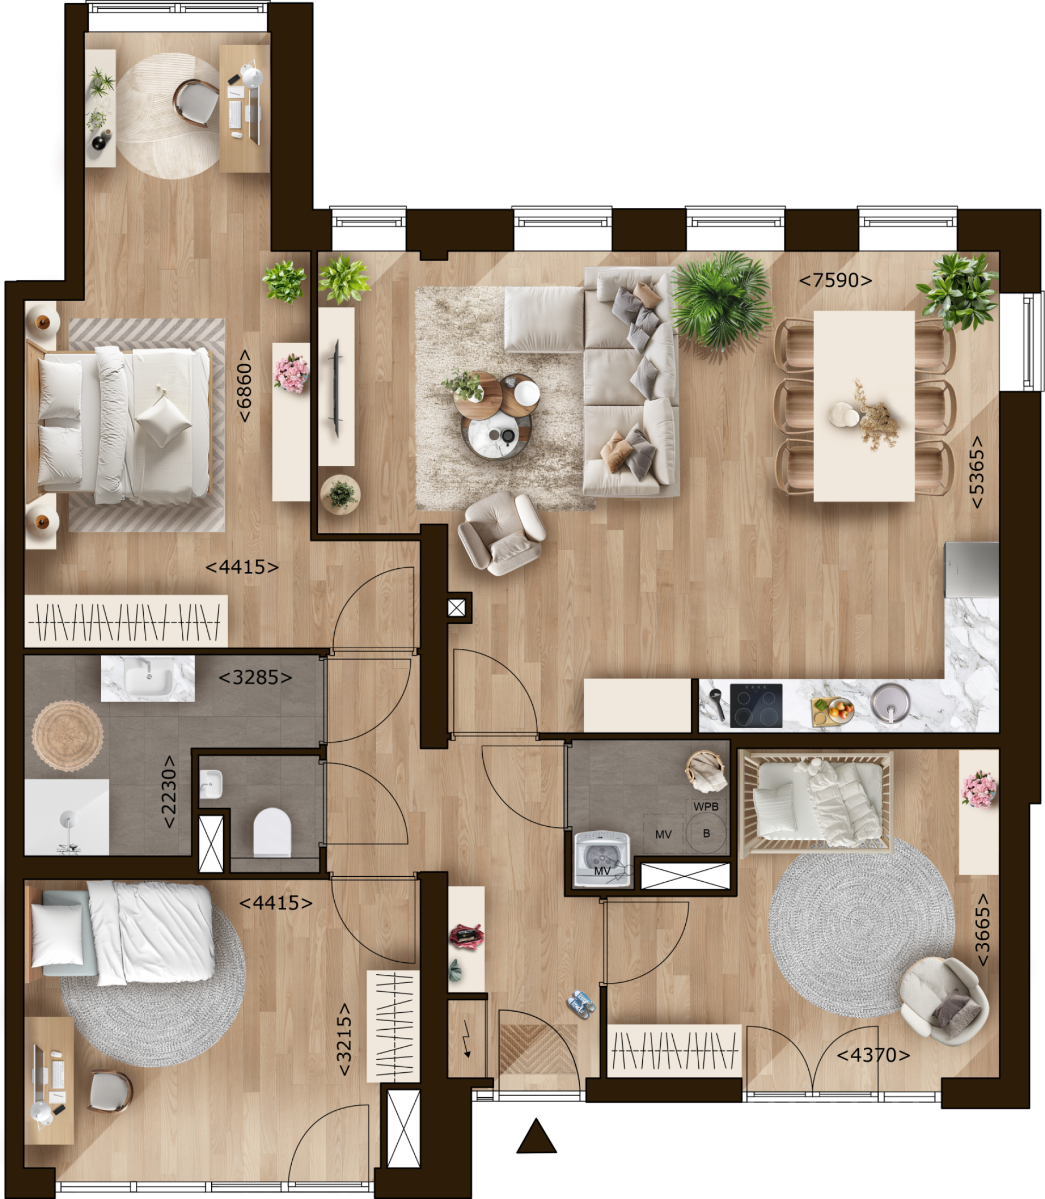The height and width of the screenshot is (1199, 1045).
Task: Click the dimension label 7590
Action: click(x=835, y=280)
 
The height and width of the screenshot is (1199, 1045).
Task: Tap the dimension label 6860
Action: click(x=244, y=385)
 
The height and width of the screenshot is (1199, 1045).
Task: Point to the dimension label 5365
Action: click(x=977, y=472)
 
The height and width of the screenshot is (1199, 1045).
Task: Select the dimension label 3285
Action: click(x=255, y=677)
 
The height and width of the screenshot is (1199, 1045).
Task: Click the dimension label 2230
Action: click(x=169, y=792)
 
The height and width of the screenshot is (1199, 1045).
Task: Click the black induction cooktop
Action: click(x=757, y=706)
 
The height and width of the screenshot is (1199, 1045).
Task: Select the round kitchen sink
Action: click(x=890, y=703)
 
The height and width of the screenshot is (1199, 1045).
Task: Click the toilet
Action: click(x=272, y=832)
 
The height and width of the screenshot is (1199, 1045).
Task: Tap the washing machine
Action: click(x=603, y=858)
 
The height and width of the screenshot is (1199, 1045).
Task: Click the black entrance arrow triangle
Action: click(x=537, y=1136)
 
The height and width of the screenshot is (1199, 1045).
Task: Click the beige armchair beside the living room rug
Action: click(x=501, y=532)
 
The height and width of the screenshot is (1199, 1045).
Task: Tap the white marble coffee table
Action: click(x=496, y=434)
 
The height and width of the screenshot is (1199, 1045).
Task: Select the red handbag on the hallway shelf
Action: click(x=466, y=934)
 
